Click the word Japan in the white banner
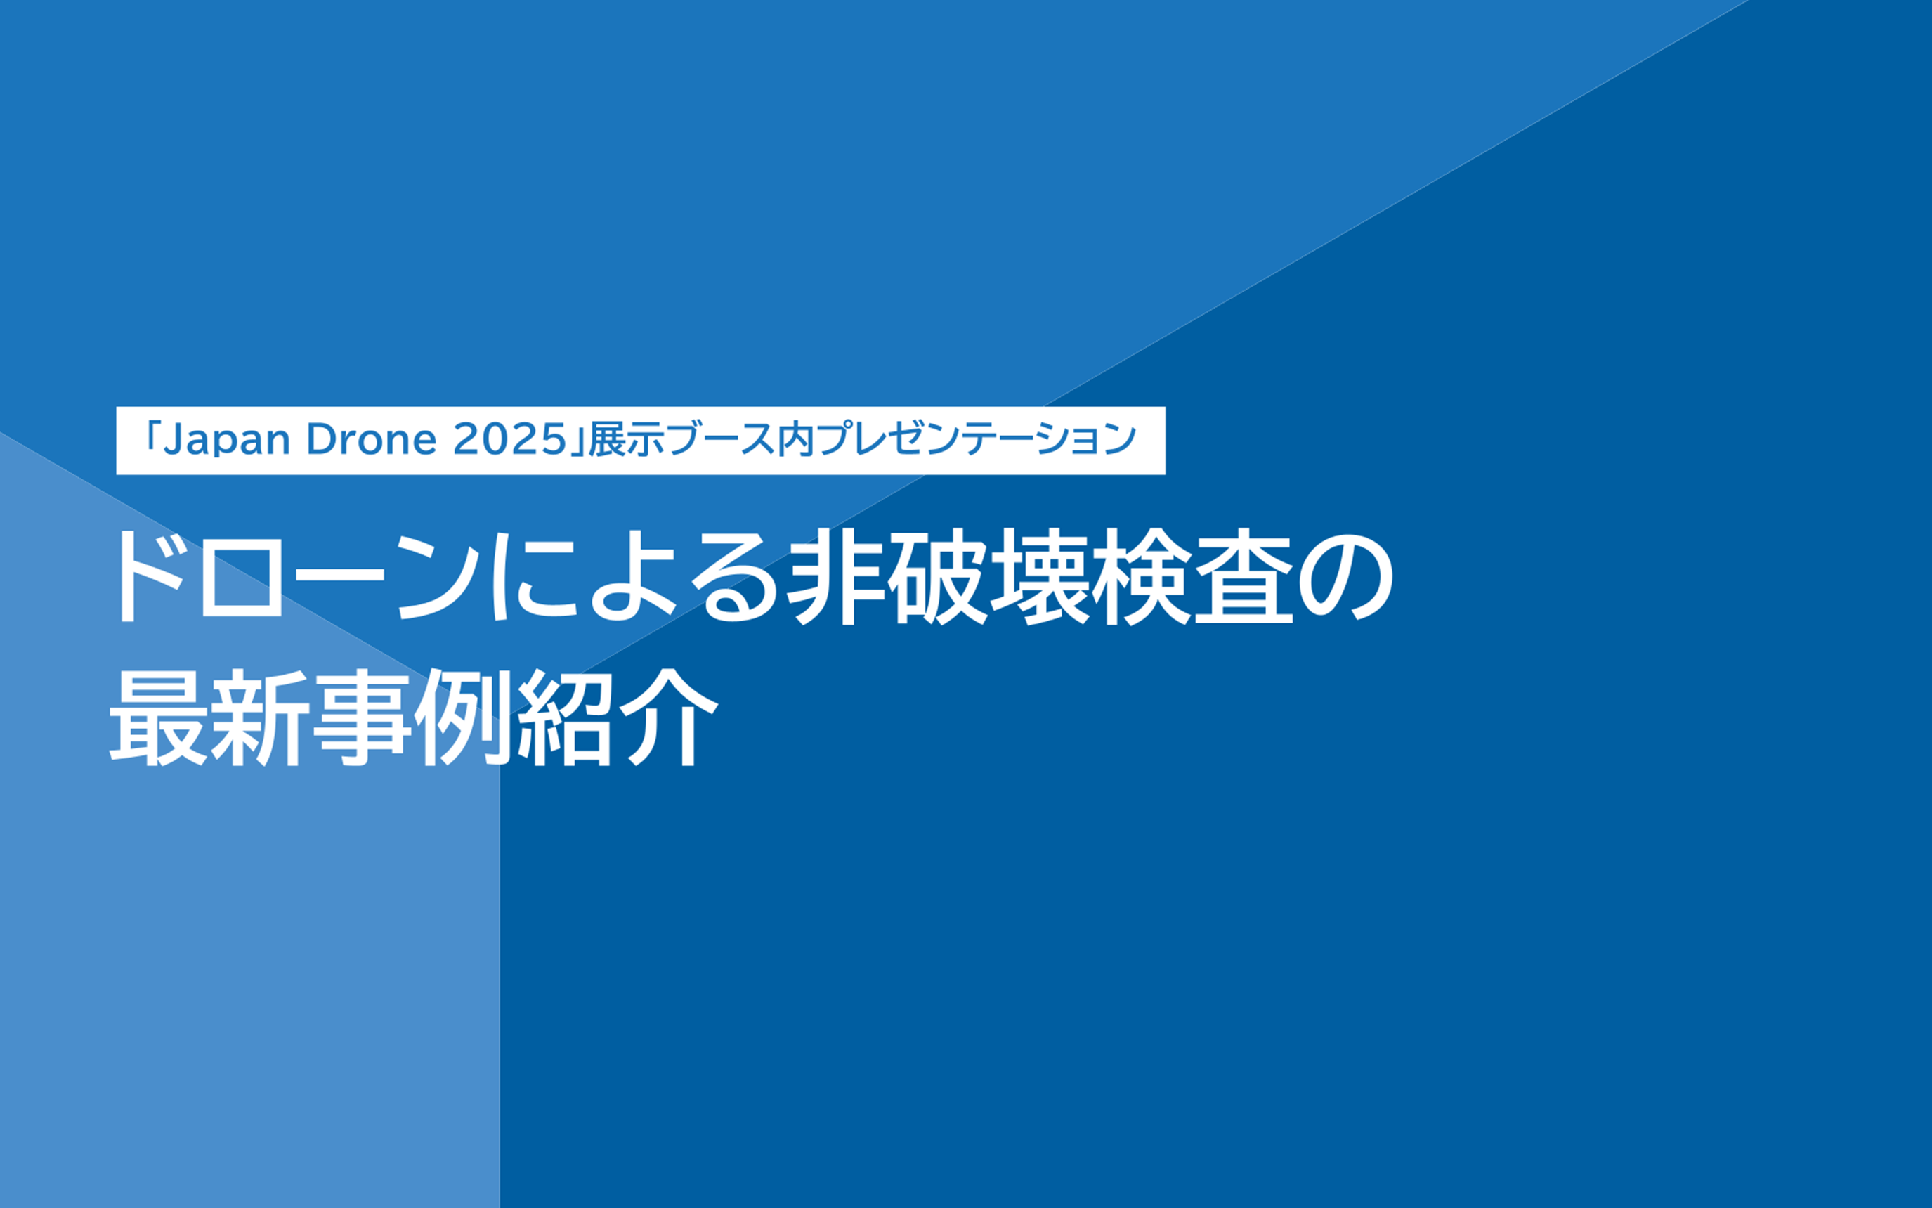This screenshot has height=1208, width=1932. pyautogui.click(x=226, y=440)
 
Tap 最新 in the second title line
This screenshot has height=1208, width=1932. pyautogui.click(x=206, y=717)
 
